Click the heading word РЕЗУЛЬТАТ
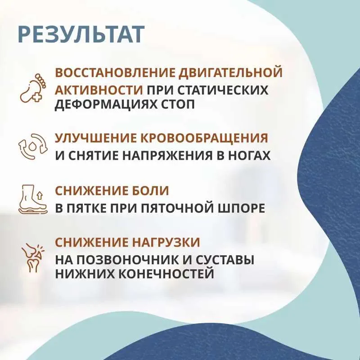point(81,35)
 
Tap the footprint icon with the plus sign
point(33,88)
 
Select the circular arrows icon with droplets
point(33,147)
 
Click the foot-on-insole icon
point(33,199)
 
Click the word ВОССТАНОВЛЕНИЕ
point(115,72)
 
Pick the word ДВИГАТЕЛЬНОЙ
point(230,73)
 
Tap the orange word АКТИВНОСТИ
point(99,90)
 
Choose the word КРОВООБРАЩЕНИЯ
point(204,139)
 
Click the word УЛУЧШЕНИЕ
point(95,138)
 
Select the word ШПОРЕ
point(242,208)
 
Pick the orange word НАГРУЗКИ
point(166,243)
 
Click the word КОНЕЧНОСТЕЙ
point(166,274)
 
